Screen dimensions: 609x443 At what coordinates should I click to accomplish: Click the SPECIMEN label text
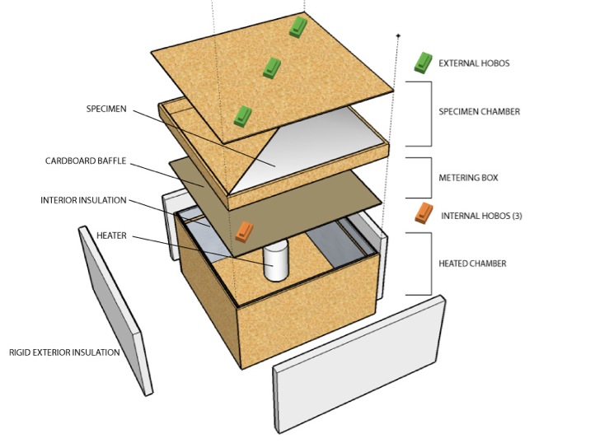[x=106, y=109]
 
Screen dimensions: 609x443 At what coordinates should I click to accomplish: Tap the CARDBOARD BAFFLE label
[x=86, y=161]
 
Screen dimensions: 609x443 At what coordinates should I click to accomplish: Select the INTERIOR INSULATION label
[x=83, y=200]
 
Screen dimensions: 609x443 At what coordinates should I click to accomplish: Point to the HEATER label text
[x=111, y=235]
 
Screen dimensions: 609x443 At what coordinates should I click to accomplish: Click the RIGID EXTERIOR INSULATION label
[x=64, y=352]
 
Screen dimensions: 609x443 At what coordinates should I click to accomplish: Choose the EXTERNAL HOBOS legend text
[x=474, y=63]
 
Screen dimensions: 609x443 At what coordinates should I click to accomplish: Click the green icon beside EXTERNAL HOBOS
[x=424, y=63]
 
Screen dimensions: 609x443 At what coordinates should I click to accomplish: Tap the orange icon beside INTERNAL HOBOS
[x=424, y=212]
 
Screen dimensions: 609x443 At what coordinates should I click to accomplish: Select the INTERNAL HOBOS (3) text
[x=481, y=216]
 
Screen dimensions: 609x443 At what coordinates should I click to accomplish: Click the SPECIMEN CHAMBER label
[x=480, y=112]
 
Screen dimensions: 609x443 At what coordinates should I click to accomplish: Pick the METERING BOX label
[x=468, y=178]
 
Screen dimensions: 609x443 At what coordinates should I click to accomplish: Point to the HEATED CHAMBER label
[x=473, y=263]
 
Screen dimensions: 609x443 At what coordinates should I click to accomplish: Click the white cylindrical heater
[x=276, y=260]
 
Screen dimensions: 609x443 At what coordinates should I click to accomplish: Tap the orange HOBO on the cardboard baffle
[x=244, y=232]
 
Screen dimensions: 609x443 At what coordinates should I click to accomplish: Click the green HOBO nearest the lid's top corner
[x=298, y=27]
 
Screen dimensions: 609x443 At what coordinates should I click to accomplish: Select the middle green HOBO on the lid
[x=272, y=68]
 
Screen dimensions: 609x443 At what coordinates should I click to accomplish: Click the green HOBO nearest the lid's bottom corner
[x=243, y=116]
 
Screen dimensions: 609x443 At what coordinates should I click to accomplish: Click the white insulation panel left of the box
[x=115, y=310]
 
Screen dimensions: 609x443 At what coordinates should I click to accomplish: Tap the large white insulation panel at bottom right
[x=359, y=364]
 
